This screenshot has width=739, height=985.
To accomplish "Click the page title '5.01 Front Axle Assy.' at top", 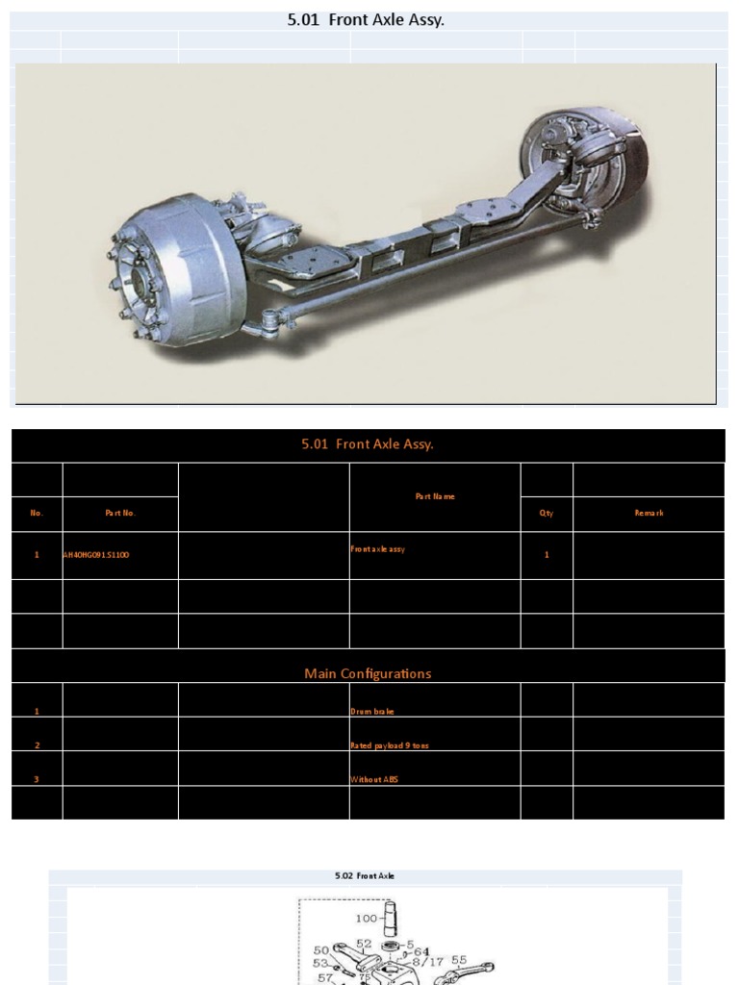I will tap(366, 19).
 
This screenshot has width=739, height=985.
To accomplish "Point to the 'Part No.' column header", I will tap(120, 514).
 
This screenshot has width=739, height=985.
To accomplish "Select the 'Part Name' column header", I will tap(435, 496).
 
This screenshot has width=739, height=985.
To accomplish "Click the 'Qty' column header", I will tap(547, 514).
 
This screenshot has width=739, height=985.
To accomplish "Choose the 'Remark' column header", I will tap(649, 514).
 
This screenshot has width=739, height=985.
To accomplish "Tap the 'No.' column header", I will tap(37, 514).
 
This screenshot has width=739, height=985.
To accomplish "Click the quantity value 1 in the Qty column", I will tap(547, 555).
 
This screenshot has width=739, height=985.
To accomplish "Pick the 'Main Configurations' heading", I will tap(368, 673).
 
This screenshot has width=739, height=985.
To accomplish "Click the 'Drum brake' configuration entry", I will tap(372, 712).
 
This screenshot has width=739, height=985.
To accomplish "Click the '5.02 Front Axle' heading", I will tap(365, 876).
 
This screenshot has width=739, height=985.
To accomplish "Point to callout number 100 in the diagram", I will tap(366, 919).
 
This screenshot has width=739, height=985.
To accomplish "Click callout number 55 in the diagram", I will tap(459, 960).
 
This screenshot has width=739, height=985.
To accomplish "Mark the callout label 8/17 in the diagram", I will tap(426, 960).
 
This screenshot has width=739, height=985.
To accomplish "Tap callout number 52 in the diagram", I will tap(364, 944).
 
